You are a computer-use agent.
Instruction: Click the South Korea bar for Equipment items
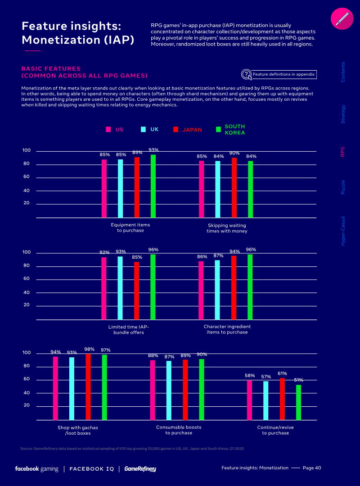(x=153, y=186)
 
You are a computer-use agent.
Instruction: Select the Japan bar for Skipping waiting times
(x=234, y=188)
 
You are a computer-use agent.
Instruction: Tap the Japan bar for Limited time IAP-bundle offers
(x=136, y=291)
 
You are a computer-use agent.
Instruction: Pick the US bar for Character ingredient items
(x=201, y=290)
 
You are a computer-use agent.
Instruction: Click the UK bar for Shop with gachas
(x=72, y=389)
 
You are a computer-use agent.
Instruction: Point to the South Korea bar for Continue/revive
(x=298, y=402)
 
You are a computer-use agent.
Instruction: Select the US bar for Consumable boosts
(x=153, y=390)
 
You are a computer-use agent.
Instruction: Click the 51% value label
(x=298, y=380)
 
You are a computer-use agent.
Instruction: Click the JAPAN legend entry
(x=188, y=130)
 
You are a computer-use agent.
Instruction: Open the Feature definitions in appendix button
(x=279, y=74)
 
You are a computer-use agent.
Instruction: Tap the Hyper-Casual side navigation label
(x=343, y=230)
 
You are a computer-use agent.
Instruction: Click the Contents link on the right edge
(x=343, y=72)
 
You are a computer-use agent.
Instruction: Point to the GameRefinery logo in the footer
(x=140, y=469)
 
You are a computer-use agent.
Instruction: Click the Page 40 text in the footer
(x=311, y=468)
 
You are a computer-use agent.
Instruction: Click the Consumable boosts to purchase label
(x=179, y=430)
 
